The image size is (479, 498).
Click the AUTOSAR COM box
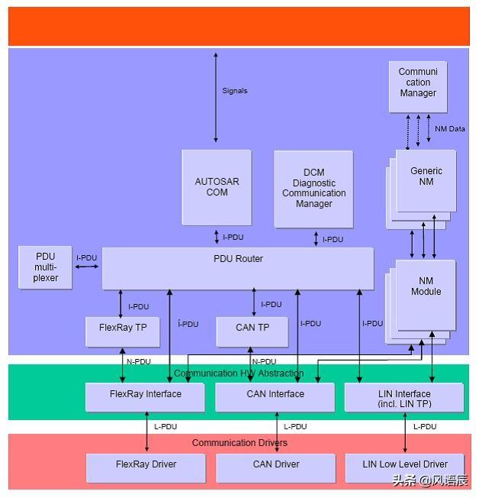(217, 187)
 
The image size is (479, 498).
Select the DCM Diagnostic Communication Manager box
(313, 189)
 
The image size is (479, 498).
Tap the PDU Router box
(238, 268)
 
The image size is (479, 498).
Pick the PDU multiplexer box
(46, 267)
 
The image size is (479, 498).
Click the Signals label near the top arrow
(234, 91)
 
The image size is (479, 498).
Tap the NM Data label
(449, 129)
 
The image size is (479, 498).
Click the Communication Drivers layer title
(239, 443)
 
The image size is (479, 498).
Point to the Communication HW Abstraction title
(239, 373)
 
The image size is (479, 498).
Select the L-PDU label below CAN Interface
(294, 427)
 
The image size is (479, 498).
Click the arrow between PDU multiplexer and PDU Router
(88, 267)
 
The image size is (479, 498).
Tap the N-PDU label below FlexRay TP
(138, 362)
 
